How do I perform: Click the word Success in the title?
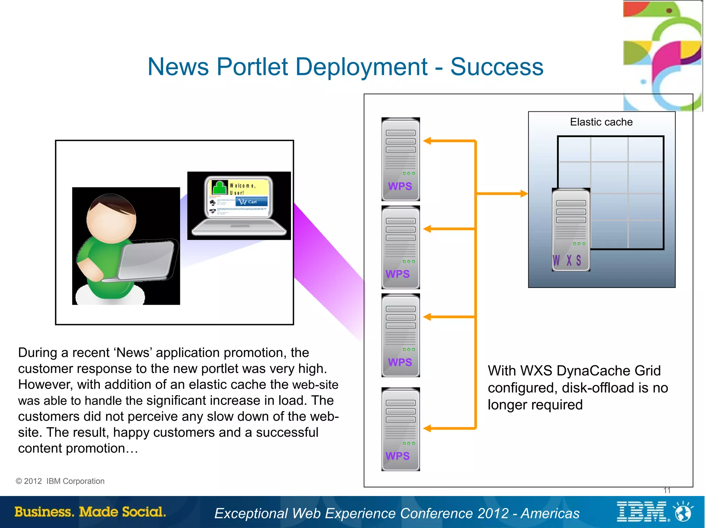(497, 67)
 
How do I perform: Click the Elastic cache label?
(601, 122)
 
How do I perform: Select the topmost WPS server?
(400, 159)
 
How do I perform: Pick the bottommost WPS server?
(400, 429)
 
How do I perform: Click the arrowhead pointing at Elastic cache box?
(524, 194)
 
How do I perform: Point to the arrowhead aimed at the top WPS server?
(427, 141)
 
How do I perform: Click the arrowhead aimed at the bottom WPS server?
(427, 428)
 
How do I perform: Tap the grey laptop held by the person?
(146, 260)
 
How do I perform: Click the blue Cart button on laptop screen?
(252, 202)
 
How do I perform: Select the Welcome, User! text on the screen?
(243, 189)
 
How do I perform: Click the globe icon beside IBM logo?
(683, 512)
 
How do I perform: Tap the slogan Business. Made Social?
(90, 512)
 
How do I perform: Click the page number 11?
(667, 491)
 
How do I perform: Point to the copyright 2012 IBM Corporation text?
(60, 481)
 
